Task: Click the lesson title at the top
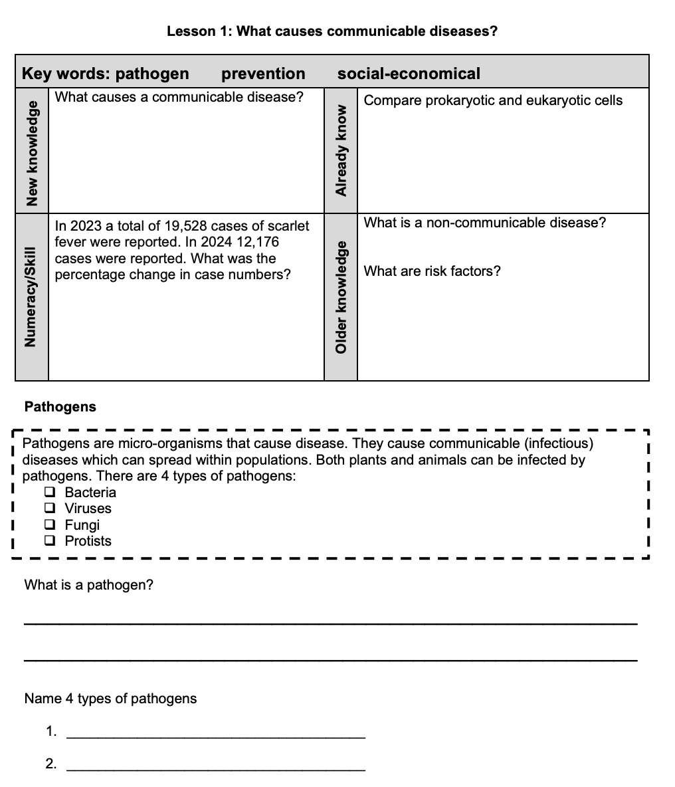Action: pos(332,31)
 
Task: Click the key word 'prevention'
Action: pos(263,74)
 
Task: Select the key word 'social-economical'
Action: pos(409,74)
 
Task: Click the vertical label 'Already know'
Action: pos(341,150)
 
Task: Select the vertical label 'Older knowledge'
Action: pos(341,297)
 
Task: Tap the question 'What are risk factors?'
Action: pos(433,271)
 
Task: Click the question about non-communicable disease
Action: pos(485,223)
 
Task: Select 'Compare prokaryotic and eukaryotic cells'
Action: pos(493,100)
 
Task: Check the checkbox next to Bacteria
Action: pos(50,493)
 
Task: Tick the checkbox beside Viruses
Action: pos(50,508)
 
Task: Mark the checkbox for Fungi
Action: pos(50,525)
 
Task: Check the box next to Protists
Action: pos(50,541)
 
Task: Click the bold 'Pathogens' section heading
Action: pos(60,407)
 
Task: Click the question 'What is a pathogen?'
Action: pos(88,585)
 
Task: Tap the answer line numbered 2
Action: pos(217,769)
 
